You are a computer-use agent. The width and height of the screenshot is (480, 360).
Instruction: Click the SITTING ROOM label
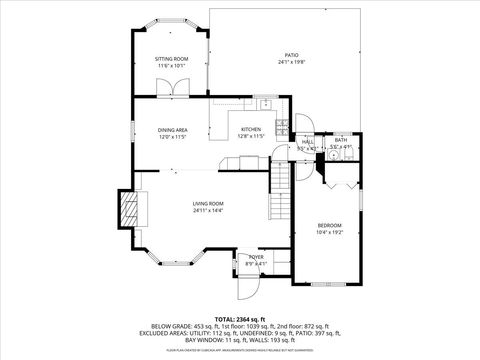tap(171, 59)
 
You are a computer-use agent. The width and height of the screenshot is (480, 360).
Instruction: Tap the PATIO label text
tap(292, 55)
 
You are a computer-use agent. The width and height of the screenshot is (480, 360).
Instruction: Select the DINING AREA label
tap(172, 130)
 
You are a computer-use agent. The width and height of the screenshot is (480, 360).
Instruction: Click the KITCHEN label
tap(250, 129)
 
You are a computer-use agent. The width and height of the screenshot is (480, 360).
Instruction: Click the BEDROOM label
tap(330, 225)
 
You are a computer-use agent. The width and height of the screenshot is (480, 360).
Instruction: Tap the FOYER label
tap(255, 257)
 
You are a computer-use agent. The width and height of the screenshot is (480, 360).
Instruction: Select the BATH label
tap(341, 140)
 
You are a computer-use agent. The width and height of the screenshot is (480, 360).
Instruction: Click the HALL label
tap(308, 142)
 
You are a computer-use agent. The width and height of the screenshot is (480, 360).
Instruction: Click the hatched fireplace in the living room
tap(127, 210)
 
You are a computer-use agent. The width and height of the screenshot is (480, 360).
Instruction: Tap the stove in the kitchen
tap(283, 127)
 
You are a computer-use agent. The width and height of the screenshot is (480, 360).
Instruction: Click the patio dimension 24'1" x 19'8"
tap(292, 62)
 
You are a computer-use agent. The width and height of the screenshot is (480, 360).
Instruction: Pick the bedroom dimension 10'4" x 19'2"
tap(330, 232)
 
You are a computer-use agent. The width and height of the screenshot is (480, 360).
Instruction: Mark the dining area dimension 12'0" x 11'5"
tap(172, 137)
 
